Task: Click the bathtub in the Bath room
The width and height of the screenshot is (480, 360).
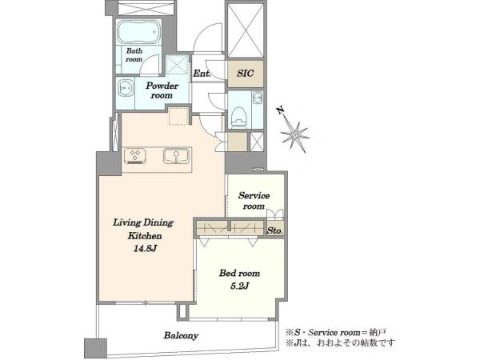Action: [x=138, y=32]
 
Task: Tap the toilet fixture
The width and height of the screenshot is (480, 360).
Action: [x=239, y=118]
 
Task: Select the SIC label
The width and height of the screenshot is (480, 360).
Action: [x=246, y=74]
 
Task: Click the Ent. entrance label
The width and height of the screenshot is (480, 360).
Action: [x=202, y=74]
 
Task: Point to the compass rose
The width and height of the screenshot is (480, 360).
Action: [x=294, y=134]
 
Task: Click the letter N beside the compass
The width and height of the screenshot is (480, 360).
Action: [x=281, y=110]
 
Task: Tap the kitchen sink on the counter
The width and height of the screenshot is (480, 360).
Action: [x=176, y=156]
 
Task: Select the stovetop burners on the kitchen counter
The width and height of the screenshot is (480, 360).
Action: [x=134, y=156]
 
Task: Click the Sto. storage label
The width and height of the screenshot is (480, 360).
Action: [x=274, y=231]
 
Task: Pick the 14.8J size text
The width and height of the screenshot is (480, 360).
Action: [x=145, y=249]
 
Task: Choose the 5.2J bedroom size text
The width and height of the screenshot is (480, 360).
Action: [x=239, y=286]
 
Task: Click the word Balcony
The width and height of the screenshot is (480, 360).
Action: [x=181, y=335]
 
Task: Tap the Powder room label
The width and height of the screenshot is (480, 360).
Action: [x=162, y=90]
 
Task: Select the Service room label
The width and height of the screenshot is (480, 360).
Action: [x=254, y=201]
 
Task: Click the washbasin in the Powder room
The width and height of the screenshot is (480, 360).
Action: [x=126, y=88]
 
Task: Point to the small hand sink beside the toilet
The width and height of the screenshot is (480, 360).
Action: [x=258, y=98]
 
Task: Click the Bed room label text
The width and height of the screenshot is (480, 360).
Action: [x=239, y=273]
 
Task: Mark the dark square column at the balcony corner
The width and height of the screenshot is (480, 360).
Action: [x=95, y=348]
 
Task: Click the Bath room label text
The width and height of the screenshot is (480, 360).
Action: [x=134, y=54]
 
